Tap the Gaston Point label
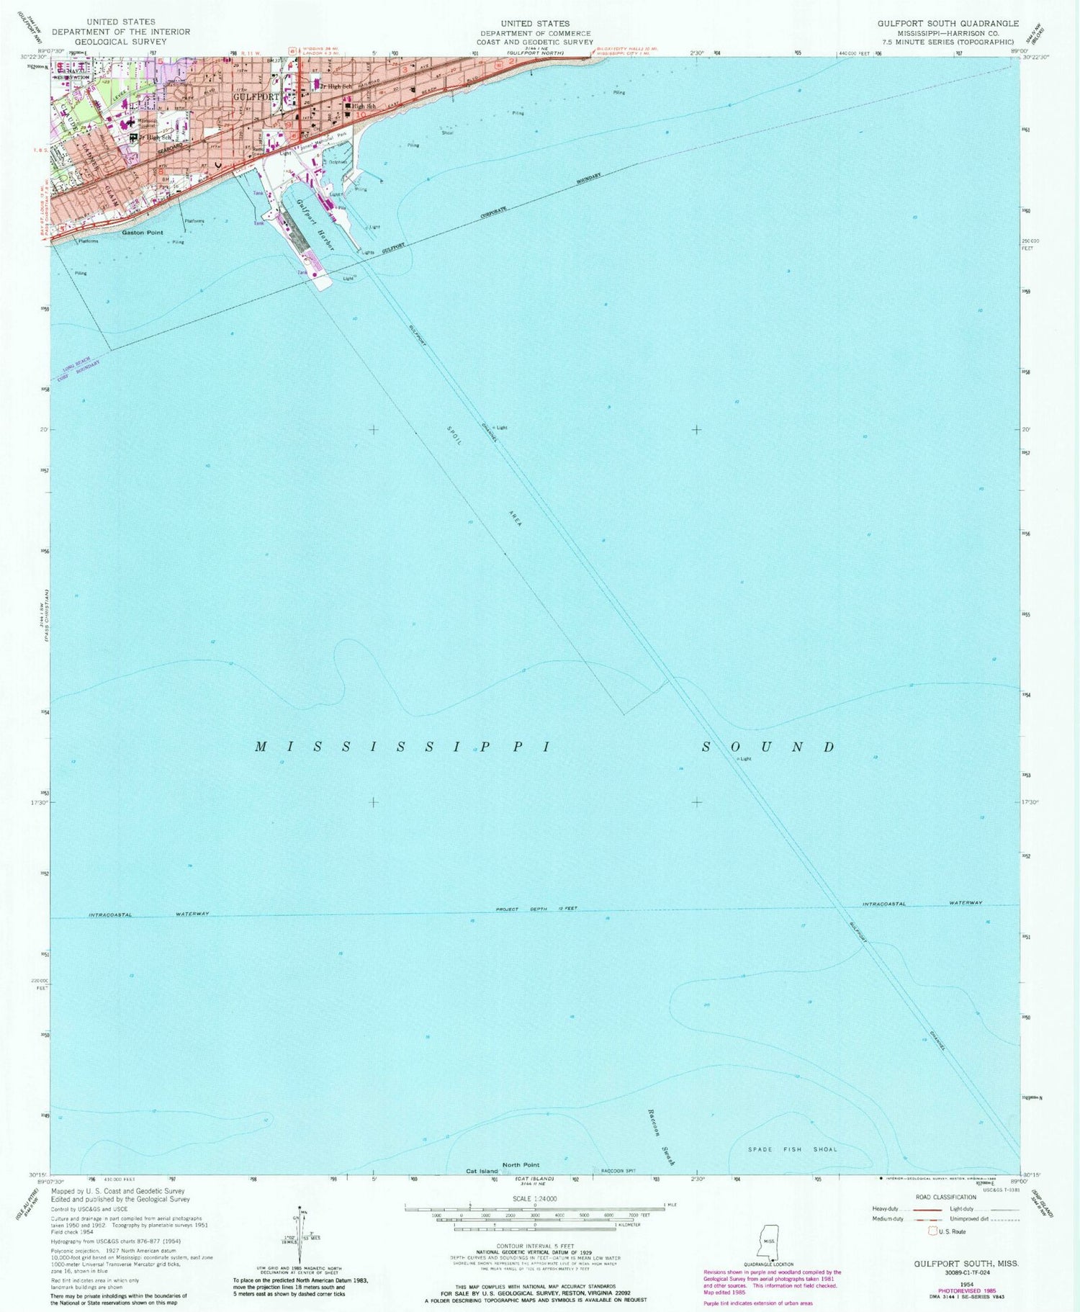143,233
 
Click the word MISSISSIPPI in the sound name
403,747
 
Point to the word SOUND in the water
768,747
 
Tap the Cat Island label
482,1172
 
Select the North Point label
521,1164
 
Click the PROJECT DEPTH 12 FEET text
537,909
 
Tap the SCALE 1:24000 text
534,1199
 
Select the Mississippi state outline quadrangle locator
769,1242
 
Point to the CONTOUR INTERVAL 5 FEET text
534,1245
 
